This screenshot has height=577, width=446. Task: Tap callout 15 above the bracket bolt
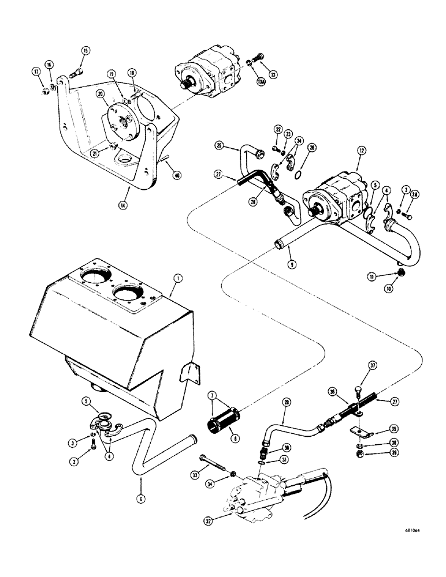coord(86,51)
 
